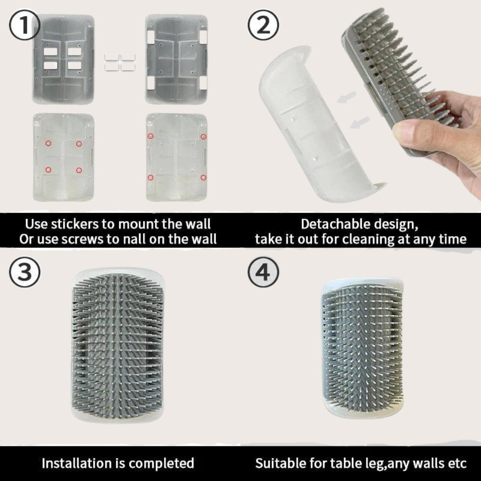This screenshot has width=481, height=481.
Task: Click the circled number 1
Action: pos(24,25)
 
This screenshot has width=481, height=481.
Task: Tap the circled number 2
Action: pos(263,25)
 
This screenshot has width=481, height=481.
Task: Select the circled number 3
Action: pos(24,272)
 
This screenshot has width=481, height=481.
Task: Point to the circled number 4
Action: pos(263,272)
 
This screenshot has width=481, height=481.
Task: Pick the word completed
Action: pos(161,464)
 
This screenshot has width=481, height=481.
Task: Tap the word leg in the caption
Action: pos(373,464)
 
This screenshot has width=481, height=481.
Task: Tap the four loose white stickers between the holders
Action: pos(120,62)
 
